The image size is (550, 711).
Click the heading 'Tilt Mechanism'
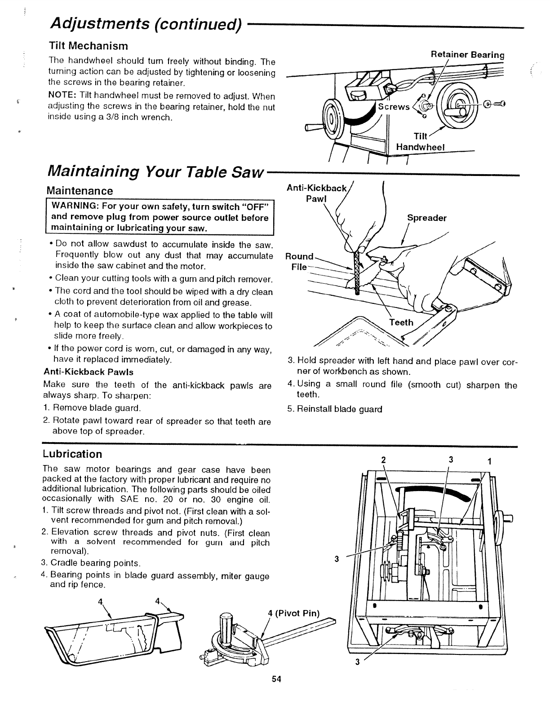pos(88,46)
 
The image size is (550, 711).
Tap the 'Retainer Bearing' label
pos(467,55)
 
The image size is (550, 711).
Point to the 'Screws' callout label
pos(394,107)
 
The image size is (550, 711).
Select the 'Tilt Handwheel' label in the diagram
pos(420,142)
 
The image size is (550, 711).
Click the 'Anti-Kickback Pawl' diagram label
pos(317,193)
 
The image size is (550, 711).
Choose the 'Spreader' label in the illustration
pos(426,218)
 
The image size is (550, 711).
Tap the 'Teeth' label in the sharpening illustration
pos(401,322)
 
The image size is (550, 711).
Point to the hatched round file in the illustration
pos(357,272)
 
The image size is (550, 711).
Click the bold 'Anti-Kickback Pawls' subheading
pos(88,372)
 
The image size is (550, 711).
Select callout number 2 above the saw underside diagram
pos(383,460)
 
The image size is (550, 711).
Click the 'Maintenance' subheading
pos(80,191)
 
